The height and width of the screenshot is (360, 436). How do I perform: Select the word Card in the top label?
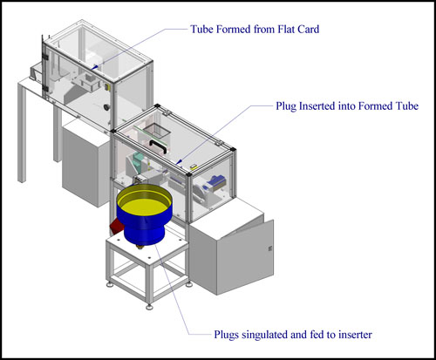[309, 30]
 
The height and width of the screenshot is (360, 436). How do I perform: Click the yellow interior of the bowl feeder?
[144, 205]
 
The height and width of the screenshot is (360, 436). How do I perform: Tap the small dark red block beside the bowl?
[116, 227]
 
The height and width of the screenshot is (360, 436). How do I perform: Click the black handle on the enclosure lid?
[158, 146]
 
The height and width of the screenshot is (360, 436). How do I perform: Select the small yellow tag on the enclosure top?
[194, 166]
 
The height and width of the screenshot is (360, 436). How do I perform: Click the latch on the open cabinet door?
[270, 248]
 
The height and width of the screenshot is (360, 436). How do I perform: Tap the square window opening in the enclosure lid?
[157, 130]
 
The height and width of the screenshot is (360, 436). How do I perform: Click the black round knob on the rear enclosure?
[106, 107]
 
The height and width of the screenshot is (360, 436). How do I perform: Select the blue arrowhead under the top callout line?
[94, 67]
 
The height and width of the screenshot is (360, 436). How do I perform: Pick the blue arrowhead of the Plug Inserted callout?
[179, 161]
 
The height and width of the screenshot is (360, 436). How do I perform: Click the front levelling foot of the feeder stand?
[149, 307]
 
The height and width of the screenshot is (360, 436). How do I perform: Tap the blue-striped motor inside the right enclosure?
[217, 182]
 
